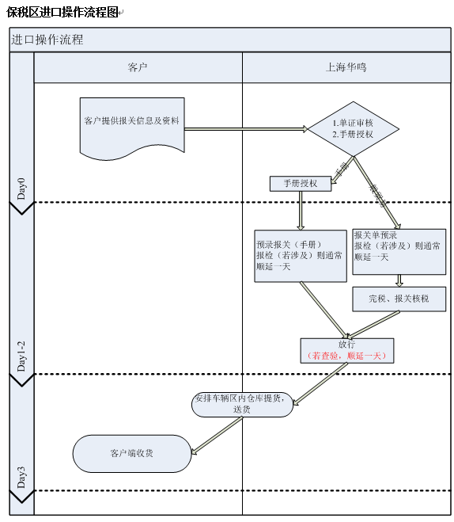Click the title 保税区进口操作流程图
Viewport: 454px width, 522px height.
coord(62,12)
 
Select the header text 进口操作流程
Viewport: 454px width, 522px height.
coord(47,40)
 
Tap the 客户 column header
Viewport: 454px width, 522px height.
coord(138,67)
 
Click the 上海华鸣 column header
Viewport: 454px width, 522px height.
coord(346,67)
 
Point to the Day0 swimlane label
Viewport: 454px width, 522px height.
coord(21,189)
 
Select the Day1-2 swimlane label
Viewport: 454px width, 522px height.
coord(21,357)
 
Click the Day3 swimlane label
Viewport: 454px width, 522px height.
coord(21,478)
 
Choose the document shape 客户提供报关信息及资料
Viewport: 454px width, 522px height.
coord(132,123)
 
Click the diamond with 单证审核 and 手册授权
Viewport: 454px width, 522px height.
coord(353,128)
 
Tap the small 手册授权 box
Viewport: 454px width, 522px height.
coord(300,183)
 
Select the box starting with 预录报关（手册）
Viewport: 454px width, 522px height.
coord(301,255)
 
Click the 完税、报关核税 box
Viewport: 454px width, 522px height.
coord(399,299)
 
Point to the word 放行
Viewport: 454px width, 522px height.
coord(346,345)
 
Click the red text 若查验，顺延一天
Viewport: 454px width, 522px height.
coord(346,356)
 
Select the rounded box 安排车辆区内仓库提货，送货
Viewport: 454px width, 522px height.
coord(242,404)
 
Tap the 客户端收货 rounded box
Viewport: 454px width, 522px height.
coord(132,454)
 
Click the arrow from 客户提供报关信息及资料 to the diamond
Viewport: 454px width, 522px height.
coord(245,128)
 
